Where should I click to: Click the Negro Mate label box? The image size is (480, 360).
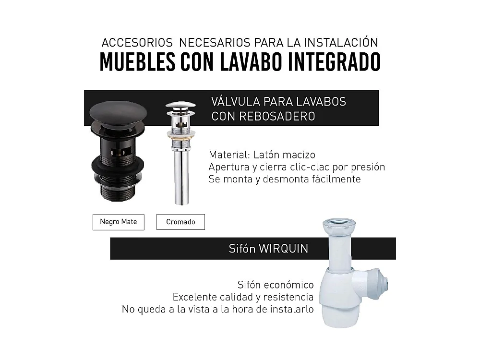tap(118, 222)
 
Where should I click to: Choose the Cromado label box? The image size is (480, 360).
tap(180, 222)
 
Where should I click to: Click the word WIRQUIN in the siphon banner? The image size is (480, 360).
tap(283, 249)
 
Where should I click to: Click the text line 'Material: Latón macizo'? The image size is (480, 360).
tap(262, 155)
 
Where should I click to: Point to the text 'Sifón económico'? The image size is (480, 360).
tap(276, 285)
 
